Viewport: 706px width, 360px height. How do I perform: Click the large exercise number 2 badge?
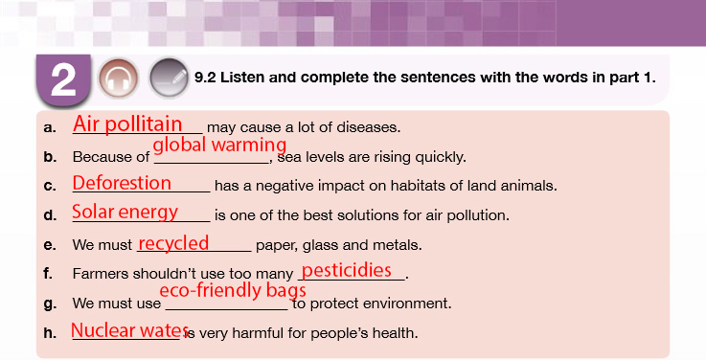(x=63, y=80)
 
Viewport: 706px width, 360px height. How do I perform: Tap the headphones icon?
(x=119, y=79)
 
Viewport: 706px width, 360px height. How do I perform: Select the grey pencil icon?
(x=169, y=79)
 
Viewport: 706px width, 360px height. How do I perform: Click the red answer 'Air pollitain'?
(x=127, y=124)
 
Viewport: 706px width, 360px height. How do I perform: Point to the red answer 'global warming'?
(x=219, y=145)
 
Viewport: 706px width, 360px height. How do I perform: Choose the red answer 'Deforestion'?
(x=122, y=183)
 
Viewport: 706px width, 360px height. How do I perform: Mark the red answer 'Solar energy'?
(x=125, y=212)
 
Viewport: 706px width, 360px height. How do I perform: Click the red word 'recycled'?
(x=173, y=243)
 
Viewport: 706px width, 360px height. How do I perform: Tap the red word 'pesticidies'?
(x=346, y=270)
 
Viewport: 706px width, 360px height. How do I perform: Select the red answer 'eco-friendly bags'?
(x=233, y=290)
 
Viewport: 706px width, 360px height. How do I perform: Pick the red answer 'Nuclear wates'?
(x=129, y=330)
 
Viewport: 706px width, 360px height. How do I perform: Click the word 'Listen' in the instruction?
(x=243, y=78)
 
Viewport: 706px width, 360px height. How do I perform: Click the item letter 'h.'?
(x=50, y=333)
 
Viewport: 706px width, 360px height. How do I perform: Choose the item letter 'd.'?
(x=50, y=215)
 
